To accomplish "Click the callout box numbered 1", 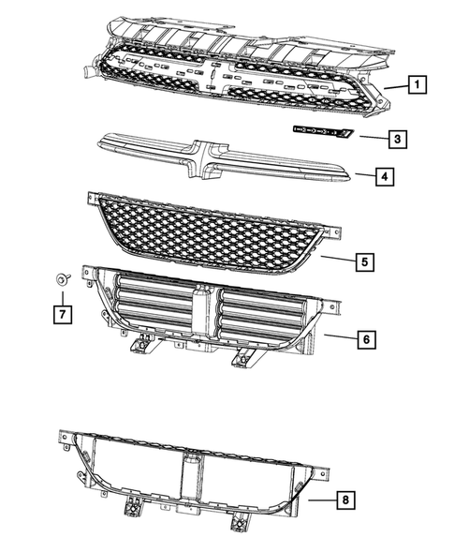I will coord(417,85).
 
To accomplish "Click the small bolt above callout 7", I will coord(62,278).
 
